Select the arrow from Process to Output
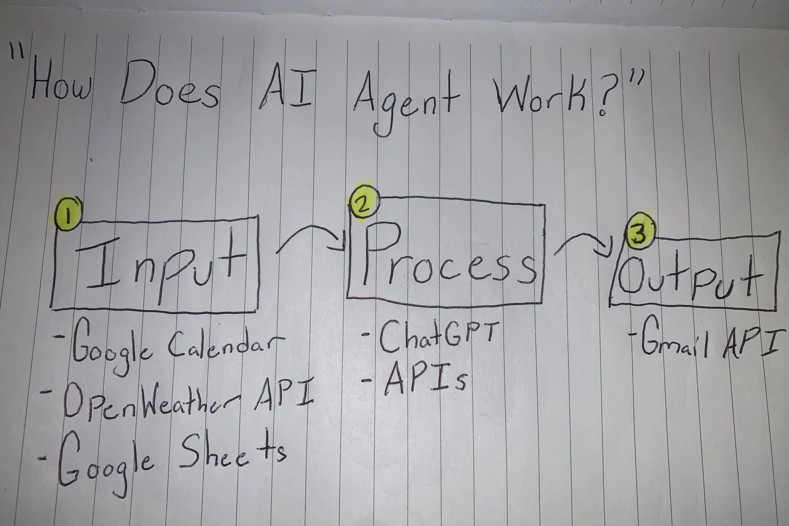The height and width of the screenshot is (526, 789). [x=584, y=245]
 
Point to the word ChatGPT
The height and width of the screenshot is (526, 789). [x=436, y=335]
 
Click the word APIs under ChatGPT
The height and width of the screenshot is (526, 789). [x=424, y=379]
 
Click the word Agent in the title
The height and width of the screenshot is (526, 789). [x=406, y=97]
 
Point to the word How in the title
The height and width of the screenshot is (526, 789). [x=60, y=84]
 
